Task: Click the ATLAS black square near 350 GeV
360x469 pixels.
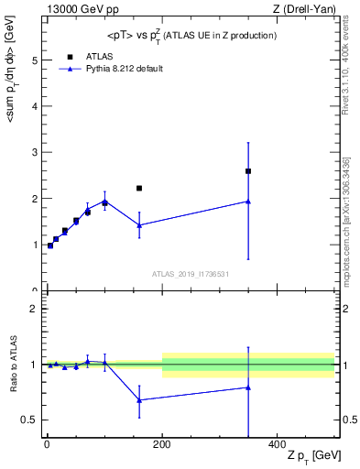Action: [248, 171]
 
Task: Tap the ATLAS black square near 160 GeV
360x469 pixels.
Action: [139, 188]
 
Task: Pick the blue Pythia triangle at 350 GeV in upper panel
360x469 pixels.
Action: [248, 202]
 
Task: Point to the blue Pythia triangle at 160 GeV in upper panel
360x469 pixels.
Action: [139, 224]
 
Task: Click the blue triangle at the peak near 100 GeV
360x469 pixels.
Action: [104, 202]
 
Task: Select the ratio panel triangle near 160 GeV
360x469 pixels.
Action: [139, 399]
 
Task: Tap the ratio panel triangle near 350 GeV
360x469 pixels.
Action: [248, 387]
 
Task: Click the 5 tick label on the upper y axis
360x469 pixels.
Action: [34, 60]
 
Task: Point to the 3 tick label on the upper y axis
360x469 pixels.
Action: [34, 153]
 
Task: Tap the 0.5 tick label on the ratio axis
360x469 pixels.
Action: [29, 420]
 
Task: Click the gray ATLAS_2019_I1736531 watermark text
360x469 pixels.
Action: [191, 274]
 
